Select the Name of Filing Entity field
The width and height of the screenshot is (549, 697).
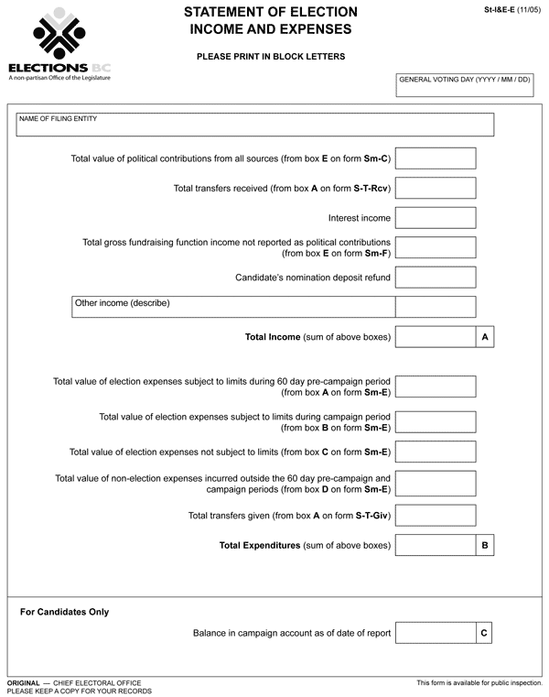(x=255, y=125)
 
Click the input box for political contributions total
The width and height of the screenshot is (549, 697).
(x=436, y=158)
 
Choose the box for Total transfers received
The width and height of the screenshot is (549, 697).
(x=436, y=189)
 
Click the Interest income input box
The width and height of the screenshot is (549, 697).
(x=436, y=218)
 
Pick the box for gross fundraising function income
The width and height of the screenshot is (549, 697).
(x=436, y=247)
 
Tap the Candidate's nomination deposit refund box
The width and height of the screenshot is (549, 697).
(x=436, y=278)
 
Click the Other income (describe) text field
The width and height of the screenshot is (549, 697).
(x=233, y=307)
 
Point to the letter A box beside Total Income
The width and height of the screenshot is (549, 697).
(x=485, y=337)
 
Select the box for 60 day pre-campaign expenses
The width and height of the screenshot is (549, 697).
(x=436, y=387)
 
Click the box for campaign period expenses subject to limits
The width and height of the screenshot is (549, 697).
(x=436, y=422)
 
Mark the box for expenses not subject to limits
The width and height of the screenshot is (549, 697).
(x=436, y=452)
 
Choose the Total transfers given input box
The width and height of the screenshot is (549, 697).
(x=436, y=516)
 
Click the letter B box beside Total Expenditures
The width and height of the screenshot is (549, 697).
(x=485, y=546)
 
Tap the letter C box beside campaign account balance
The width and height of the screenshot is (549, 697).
(x=485, y=633)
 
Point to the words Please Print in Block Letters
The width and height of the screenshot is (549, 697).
(x=270, y=57)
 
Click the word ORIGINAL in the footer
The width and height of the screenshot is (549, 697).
(x=23, y=683)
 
